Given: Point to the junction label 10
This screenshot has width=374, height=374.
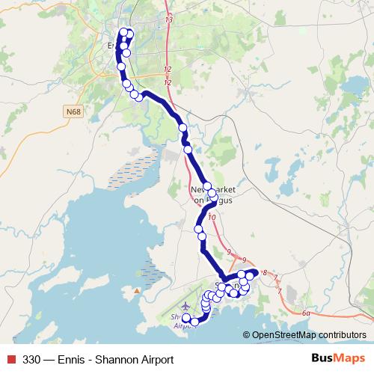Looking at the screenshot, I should pyautogui.click(x=212, y=218).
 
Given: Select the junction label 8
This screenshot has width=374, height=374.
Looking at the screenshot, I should pyautogui.click(x=265, y=275).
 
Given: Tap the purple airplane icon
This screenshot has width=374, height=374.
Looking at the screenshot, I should pyautogui.click(x=186, y=306).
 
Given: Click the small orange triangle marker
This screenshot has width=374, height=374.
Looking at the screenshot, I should pyautogui.click(x=137, y=289).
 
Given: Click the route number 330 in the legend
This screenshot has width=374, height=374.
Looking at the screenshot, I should pyautogui.click(x=32, y=359).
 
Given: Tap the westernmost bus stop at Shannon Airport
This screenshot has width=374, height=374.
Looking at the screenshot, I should pyautogui.click(x=186, y=318).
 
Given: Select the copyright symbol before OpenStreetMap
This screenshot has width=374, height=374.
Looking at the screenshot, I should pyautogui.click(x=248, y=335).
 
